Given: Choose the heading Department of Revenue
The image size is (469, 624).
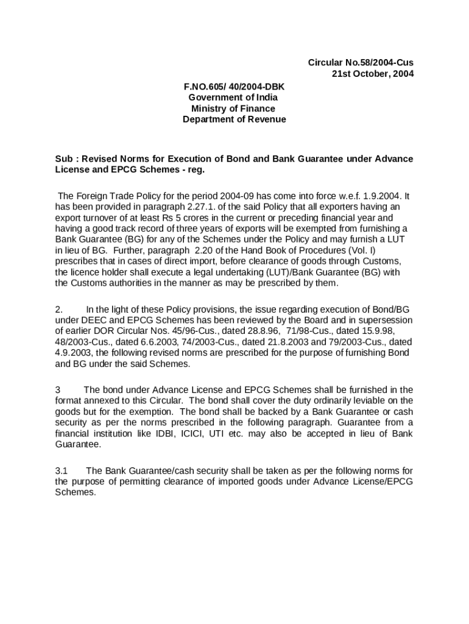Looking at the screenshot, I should pos(234,119).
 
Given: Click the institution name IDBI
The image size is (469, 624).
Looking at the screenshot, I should pos(159,434).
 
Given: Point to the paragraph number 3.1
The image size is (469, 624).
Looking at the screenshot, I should pos(61,471).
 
